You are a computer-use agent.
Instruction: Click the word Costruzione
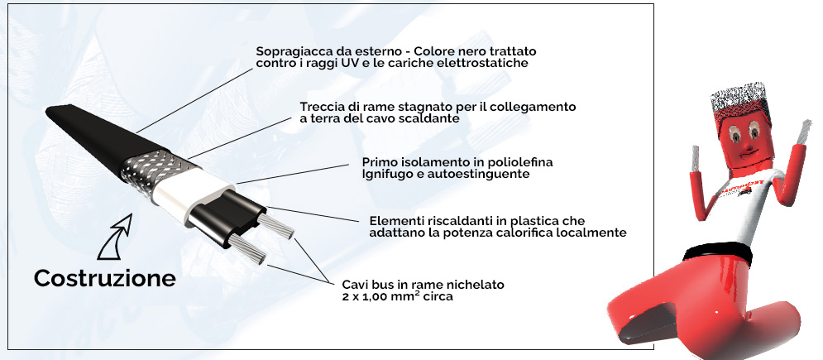pyautogui.click(x=105, y=278)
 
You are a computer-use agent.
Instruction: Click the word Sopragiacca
pyautogui.click(x=289, y=52)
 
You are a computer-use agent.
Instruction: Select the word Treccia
pyautogui.click(x=319, y=107)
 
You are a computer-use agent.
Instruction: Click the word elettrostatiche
pyautogui.click(x=486, y=64)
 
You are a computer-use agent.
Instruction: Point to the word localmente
pyautogui.click(x=596, y=233)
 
